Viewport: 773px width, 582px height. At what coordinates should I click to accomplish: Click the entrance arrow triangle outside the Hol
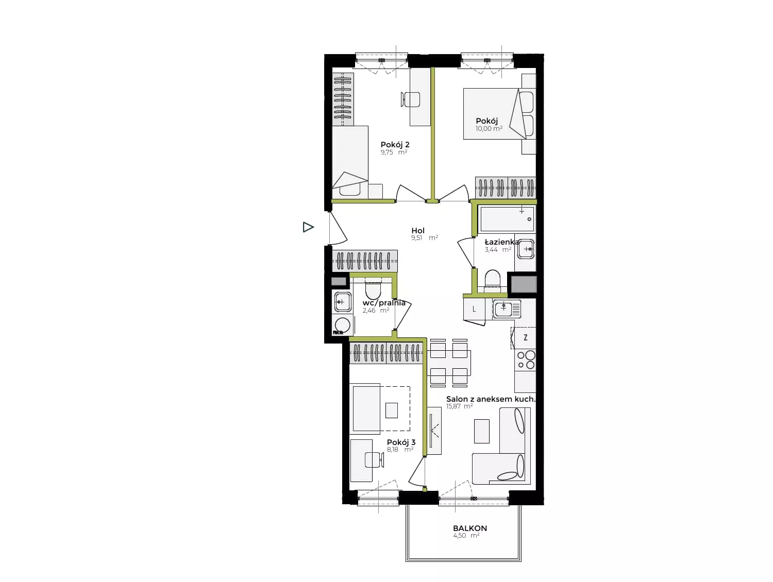coord(308,227)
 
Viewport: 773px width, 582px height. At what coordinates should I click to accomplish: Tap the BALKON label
coord(470,528)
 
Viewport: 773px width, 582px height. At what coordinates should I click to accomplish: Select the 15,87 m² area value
coord(459,406)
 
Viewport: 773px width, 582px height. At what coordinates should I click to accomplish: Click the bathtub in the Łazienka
coord(507,219)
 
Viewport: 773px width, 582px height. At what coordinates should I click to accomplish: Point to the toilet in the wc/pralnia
coord(373,289)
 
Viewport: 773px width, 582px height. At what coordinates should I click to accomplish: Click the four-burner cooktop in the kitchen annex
coord(525,360)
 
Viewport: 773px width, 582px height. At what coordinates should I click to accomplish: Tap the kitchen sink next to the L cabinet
coord(507,309)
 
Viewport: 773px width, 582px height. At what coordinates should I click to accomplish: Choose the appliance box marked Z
coord(525,338)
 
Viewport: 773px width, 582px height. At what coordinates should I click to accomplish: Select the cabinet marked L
coord(474,310)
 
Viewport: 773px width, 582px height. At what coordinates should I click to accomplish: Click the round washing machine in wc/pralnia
coord(342,325)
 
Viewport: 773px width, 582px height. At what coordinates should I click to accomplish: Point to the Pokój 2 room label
coord(395,145)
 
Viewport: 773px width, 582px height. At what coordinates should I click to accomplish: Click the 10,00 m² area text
coord(489,129)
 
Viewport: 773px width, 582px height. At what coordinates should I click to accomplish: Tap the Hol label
coord(418,230)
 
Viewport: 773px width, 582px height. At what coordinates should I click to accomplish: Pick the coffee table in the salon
coord(482,431)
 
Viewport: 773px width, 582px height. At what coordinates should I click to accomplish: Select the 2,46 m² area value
coord(376,311)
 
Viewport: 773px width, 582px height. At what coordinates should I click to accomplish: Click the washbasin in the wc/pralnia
coord(342,302)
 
